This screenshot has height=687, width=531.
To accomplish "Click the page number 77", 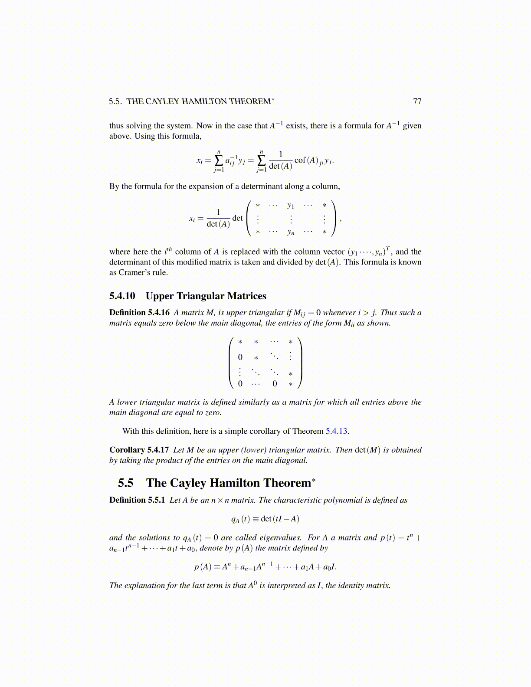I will tap(417, 101).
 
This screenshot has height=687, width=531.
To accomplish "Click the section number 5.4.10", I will tap(122, 296).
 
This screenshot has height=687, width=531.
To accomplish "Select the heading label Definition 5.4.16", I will tap(139, 313).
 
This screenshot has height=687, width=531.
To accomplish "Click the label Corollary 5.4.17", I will tap(139, 450).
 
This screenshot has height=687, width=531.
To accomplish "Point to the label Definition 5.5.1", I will tap(137, 500).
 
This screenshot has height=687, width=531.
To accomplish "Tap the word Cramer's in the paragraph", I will tap(133, 272).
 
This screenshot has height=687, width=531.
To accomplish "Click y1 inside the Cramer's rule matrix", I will tap(291, 206).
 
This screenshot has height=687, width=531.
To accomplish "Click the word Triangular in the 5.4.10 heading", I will tap(204, 296).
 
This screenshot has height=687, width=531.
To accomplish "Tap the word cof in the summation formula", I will tap(300, 160).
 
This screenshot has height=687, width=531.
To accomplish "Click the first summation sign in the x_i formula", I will tap(219, 160).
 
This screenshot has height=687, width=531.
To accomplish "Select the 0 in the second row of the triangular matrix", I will tap(240, 357).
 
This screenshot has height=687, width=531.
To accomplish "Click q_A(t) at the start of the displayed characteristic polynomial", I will tap(240, 519).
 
